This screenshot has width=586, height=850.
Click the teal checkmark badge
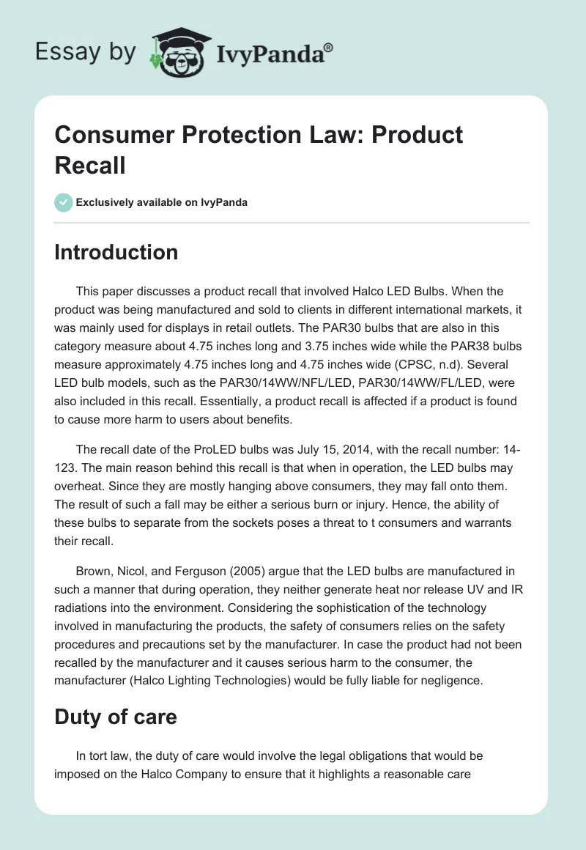64,202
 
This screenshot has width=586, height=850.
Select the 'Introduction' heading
116,252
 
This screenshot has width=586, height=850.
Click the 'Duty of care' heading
116,716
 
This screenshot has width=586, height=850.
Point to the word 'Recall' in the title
90,165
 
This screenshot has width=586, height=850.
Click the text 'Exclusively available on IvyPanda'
163,202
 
